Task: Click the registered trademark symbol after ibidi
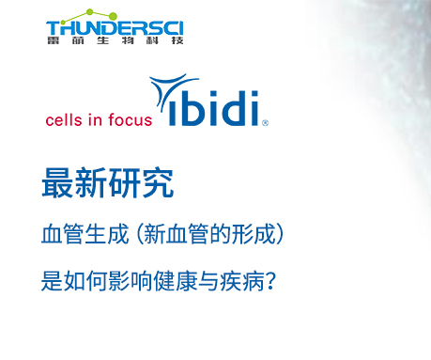click(266, 122)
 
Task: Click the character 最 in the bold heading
click(58, 183)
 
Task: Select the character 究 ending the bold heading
click(157, 183)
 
